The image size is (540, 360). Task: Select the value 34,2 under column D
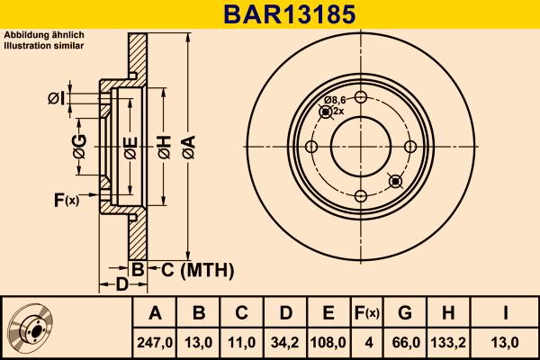[285, 342]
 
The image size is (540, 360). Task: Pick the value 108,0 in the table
[328, 342]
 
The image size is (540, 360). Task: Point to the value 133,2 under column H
[447, 342]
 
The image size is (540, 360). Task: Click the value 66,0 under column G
[405, 342]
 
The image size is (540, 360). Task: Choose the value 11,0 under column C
[242, 342]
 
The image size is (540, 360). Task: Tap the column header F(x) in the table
[367, 313]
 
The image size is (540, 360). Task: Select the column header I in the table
[505, 313]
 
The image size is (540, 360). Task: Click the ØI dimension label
[55, 97]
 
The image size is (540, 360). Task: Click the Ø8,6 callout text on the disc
[336, 100]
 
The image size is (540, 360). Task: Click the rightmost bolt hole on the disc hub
[410, 148]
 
